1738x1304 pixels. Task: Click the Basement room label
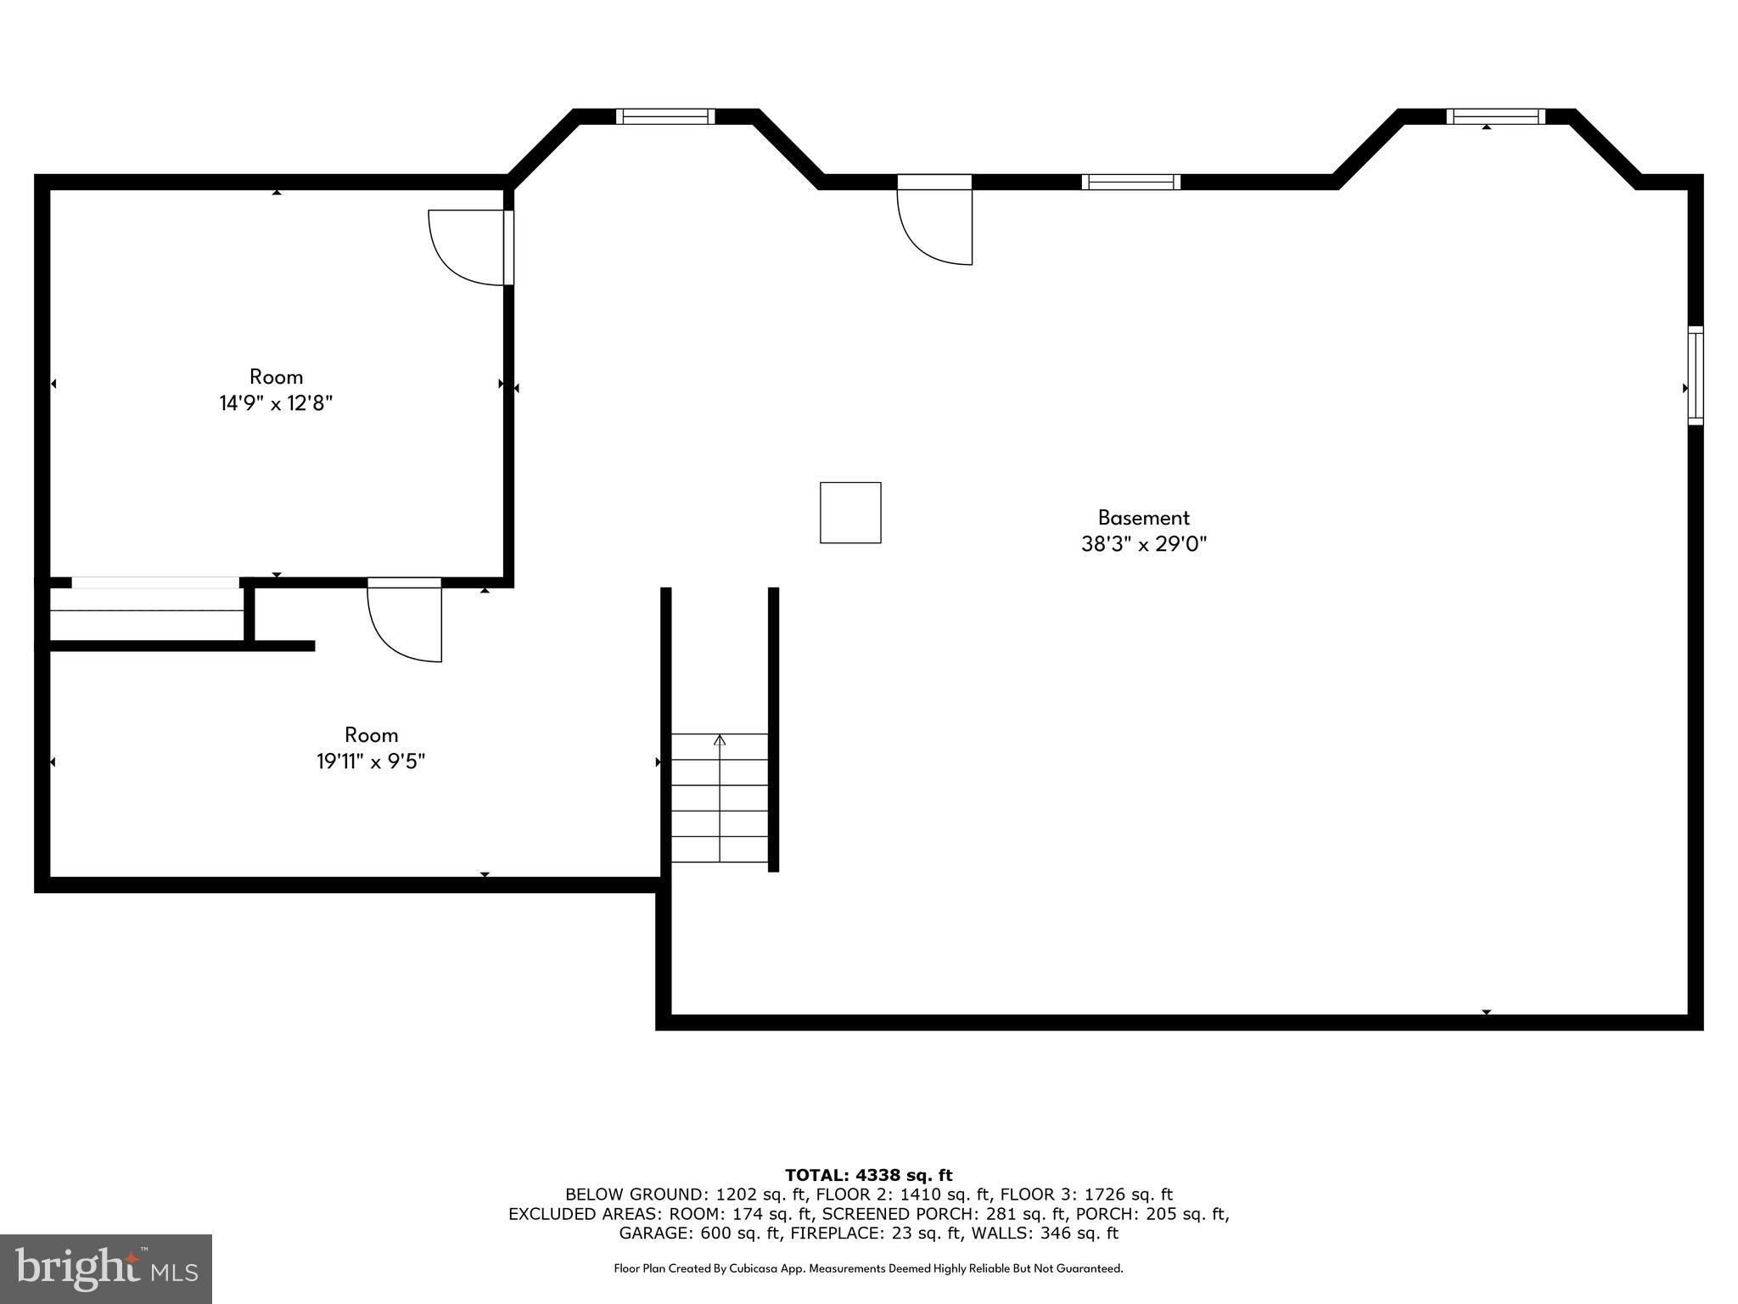[1143, 517]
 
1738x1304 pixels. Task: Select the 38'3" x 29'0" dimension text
[1143, 544]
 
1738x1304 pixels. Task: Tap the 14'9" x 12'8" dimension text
[276, 403]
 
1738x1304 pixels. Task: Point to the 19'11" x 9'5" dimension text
[371, 762]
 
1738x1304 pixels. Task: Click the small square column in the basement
[849, 512]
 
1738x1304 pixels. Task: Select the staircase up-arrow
[720, 740]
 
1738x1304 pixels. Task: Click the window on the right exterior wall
[1695, 374]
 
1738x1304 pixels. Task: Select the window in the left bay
[664, 116]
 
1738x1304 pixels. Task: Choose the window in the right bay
[1495, 116]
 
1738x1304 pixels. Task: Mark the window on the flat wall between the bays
[1130, 182]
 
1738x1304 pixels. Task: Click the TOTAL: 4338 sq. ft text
[868, 1175]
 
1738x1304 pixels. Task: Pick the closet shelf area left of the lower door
[146, 612]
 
